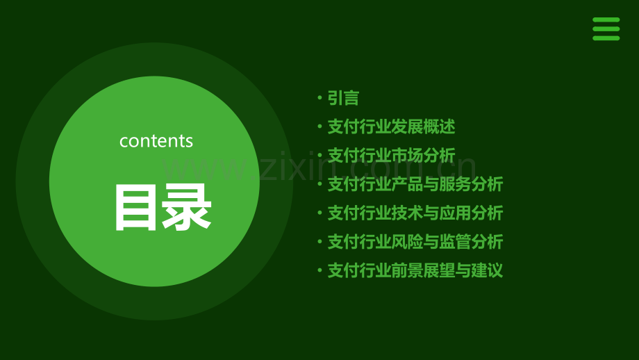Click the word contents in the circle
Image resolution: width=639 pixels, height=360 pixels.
[x=156, y=141]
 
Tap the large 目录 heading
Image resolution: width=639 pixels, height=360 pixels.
[x=163, y=208]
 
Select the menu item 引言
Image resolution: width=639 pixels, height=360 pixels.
[x=343, y=99]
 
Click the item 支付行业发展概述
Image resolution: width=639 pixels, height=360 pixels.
[x=391, y=127]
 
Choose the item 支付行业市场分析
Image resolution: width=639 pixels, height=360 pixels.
[x=391, y=156]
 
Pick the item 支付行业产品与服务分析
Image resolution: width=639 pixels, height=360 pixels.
[x=415, y=184]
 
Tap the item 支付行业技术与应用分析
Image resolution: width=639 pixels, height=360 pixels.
[x=415, y=213]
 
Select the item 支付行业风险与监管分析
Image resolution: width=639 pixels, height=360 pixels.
[x=415, y=242]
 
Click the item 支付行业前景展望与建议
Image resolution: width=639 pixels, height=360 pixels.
[x=415, y=270]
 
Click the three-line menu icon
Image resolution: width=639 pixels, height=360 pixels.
[x=606, y=29]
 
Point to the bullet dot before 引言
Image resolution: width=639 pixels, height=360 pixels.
[x=319, y=99]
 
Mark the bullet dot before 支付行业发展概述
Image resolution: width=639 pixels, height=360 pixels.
[x=319, y=127]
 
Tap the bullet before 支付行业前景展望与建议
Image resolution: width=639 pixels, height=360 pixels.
[x=319, y=270]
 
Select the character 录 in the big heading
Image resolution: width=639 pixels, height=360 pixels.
[x=187, y=208]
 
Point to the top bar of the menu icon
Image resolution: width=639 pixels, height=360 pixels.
[x=606, y=20]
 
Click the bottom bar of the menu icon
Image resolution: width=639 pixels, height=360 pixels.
[x=606, y=38]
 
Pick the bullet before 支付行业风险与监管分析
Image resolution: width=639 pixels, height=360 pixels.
[x=319, y=242]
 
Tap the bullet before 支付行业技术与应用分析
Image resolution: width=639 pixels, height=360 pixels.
[x=319, y=213]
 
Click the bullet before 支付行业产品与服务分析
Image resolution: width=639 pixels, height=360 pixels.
[x=319, y=184]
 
